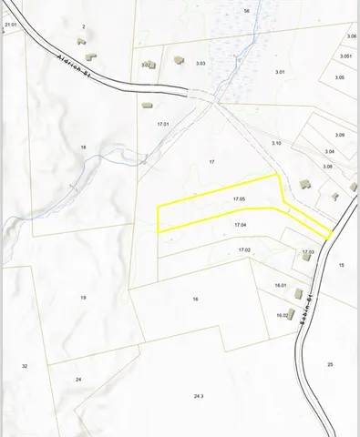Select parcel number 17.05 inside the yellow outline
pyautogui.click(x=240, y=198)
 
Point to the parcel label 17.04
pyautogui.click(x=241, y=224)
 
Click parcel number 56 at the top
pyautogui.click(x=247, y=10)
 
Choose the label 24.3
pyautogui.click(x=199, y=396)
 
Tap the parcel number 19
pyautogui.click(x=83, y=298)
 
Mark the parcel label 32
pyautogui.click(x=25, y=365)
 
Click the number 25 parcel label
pyautogui.click(x=330, y=364)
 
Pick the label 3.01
pyautogui.click(x=280, y=71)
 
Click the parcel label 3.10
pyautogui.click(x=277, y=143)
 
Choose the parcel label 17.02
pyautogui.click(x=244, y=249)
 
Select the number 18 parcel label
pyautogui.click(x=83, y=147)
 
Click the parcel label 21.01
pyautogui.click(x=11, y=25)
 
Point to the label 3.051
pyautogui.click(x=345, y=56)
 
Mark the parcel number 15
pyautogui.click(x=341, y=264)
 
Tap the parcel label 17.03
pyautogui.click(x=308, y=251)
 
